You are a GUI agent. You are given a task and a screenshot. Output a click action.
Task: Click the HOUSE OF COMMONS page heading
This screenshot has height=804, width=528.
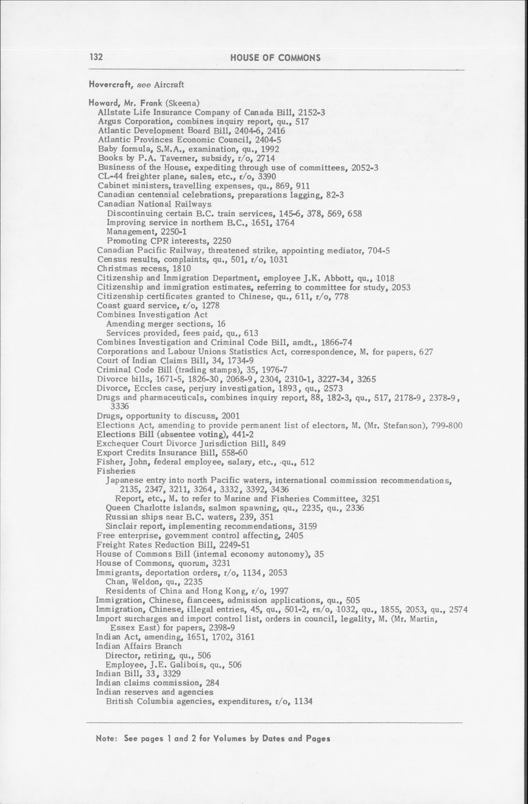click(275, 58)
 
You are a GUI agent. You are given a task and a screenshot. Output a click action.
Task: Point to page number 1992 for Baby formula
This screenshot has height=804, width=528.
click(269, 149)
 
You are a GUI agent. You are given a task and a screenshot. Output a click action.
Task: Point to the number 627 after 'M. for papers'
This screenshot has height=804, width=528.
click(426, 352)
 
